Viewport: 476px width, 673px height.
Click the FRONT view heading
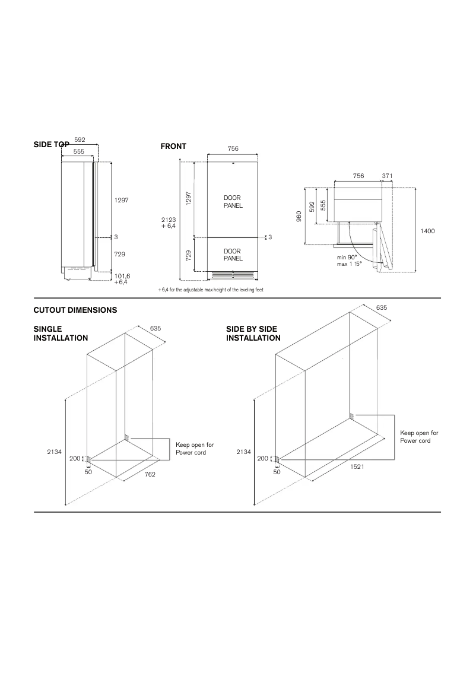pos(173,147)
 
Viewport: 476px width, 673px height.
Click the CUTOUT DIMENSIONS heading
pos(75,310)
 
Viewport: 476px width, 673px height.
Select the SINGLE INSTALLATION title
pos(61,334)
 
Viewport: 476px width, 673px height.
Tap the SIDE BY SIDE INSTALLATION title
pos(253,334)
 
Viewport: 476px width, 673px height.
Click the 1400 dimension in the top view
pos(427,231)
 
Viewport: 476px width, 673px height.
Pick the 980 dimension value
pos(299,217)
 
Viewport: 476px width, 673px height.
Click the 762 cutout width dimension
pos(150,475)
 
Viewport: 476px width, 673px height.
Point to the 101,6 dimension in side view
pos(122,277)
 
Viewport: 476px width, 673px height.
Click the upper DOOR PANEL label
pos(233,201)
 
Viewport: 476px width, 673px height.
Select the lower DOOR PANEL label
pos(233,255)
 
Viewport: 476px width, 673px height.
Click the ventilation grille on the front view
pos(233,275)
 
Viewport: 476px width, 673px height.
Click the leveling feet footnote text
pos(210,290)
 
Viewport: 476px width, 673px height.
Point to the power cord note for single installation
pos(195,449)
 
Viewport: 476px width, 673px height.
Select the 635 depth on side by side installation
pos(381,308)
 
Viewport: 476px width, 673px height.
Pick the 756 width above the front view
pos(233,149)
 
